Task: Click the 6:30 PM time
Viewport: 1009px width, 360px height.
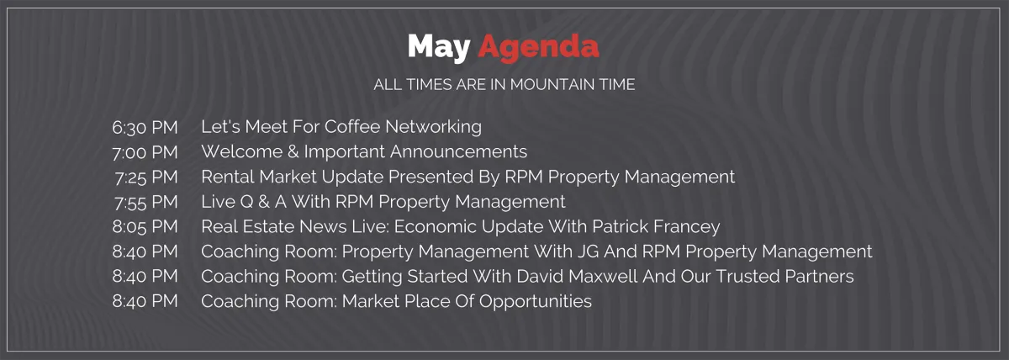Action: click(145, 128)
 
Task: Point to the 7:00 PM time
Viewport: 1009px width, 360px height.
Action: click(145, 152)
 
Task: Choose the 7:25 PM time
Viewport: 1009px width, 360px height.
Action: click(146, 177)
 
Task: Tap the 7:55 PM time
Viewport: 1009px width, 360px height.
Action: click(146, 203)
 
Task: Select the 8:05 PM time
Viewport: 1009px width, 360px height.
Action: click(145, 226)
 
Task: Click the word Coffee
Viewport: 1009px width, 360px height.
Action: click(352, 127)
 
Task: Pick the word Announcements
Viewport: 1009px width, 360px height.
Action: click(458, 151)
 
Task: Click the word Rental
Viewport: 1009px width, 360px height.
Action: click(228, 177)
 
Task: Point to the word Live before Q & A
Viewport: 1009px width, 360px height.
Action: click(218, 201)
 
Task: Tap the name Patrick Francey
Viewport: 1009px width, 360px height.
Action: click(657, 226)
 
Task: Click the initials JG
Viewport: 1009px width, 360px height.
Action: click(589, 251)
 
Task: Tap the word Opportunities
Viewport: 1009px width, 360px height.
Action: click(535, 301)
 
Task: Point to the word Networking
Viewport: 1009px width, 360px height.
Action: click(433, 127)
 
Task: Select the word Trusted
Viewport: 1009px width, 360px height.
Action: click(748, 276)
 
